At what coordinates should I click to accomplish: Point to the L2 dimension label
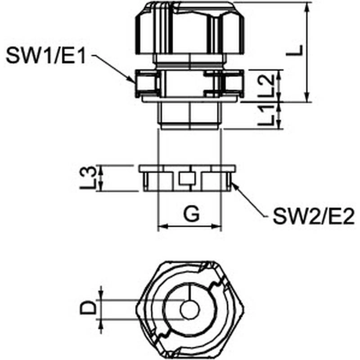(268, 85)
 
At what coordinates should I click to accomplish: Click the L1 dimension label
(268, 115)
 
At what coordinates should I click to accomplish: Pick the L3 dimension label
(90, 178)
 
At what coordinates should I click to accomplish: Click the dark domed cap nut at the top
(190, 30)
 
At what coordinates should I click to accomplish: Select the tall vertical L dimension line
(307, 52)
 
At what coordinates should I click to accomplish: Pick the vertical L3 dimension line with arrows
(101, 178)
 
